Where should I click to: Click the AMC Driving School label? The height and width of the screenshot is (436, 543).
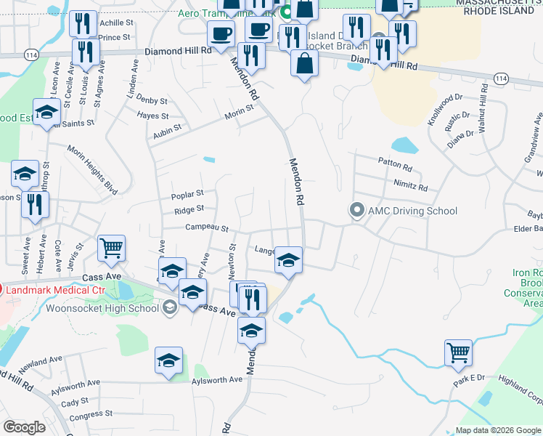tap(412, 211)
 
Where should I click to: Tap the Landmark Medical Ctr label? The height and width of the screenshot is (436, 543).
tap(55, 290)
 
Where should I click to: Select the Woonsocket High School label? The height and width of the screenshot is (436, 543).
tap(102, 307)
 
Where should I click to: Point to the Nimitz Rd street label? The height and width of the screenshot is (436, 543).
tap(410, 185)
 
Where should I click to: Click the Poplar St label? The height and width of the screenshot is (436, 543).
tap(187, 195)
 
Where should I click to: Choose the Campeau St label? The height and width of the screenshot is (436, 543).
tap(207, 228)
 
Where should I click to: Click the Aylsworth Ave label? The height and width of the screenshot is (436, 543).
tap(216, 380)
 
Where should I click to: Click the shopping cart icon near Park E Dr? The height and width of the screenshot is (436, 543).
tap(459, 353)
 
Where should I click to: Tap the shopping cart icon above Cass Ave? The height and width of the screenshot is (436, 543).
tap(112, 249)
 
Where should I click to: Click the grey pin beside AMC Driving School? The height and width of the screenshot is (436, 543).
tap(356, 211)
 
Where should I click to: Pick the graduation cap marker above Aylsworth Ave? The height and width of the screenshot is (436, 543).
tap(168, 360)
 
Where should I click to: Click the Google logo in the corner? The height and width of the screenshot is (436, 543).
tap(24, 427)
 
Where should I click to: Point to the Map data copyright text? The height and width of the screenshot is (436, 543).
tap(498, 430)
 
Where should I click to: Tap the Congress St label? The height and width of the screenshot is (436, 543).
tap(86, 416)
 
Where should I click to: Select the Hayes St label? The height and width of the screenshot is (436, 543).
tap(152, 116)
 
